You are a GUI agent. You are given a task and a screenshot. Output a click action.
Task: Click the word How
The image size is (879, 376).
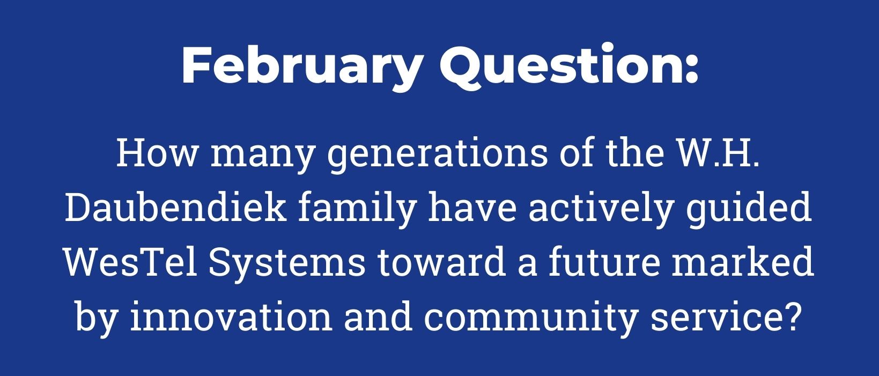pyautogui.click(x=157, y=153)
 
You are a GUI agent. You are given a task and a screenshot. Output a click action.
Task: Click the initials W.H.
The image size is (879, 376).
pyautogui.click(x=718, y=153)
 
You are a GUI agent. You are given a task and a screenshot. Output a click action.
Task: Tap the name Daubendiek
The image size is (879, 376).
pyautogui.click(x=175, y=207)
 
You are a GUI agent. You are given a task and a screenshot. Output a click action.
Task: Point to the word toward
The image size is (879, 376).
pyautogui.click(x=441, y=262)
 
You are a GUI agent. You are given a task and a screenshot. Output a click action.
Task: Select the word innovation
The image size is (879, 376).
pyautogui.click(x=232, y=316)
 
